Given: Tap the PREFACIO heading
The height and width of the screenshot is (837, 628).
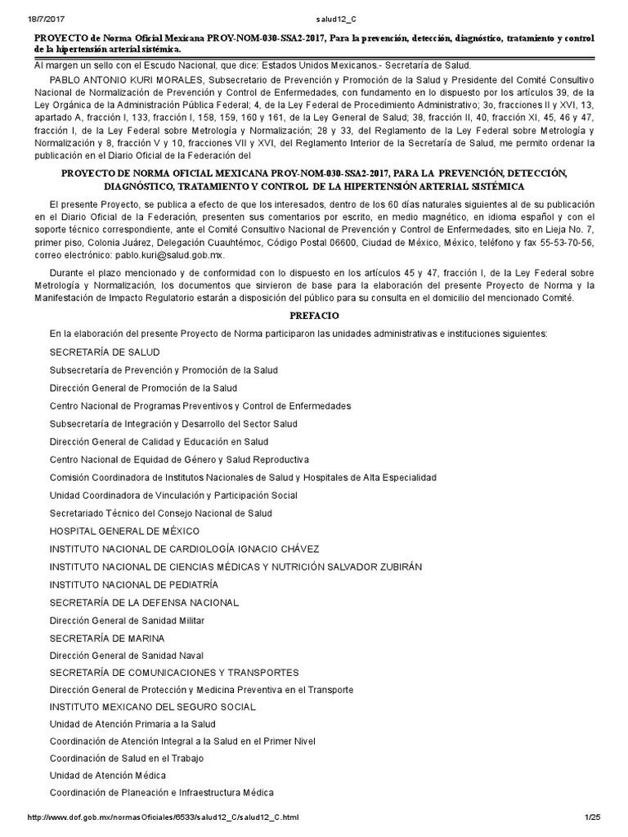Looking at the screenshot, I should (314, 315).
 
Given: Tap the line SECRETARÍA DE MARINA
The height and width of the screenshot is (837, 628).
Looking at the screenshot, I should (107, 638).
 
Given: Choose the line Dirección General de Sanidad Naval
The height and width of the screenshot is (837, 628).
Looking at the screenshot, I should (127, 656).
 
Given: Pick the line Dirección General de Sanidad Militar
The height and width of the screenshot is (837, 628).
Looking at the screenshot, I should (127, 620).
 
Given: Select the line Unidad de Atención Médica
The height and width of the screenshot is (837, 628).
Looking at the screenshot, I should (107, 775).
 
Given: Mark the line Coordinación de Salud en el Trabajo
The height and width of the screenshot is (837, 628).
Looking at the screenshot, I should (127, 758).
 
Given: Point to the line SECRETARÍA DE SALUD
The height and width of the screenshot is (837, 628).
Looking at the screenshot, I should (104, 351).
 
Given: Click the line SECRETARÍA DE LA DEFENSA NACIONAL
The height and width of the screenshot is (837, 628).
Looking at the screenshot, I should (144, 602).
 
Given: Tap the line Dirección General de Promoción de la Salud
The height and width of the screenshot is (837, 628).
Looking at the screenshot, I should (143, 387).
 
